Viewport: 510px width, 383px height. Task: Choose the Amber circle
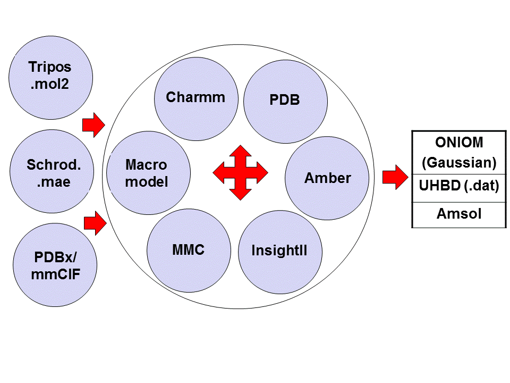[327, 178]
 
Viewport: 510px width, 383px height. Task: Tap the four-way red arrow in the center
[240, 172]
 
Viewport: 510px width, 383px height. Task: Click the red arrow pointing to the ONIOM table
[394, 177]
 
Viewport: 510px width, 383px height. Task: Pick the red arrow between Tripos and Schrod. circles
[93, 126]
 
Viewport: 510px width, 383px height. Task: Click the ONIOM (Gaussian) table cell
[459, 152]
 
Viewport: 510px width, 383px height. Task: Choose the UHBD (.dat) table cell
[459, 188]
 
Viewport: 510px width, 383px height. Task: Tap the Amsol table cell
[459, 214]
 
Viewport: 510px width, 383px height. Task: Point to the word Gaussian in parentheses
[459, 162]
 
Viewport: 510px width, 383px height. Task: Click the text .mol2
[50, 84]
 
